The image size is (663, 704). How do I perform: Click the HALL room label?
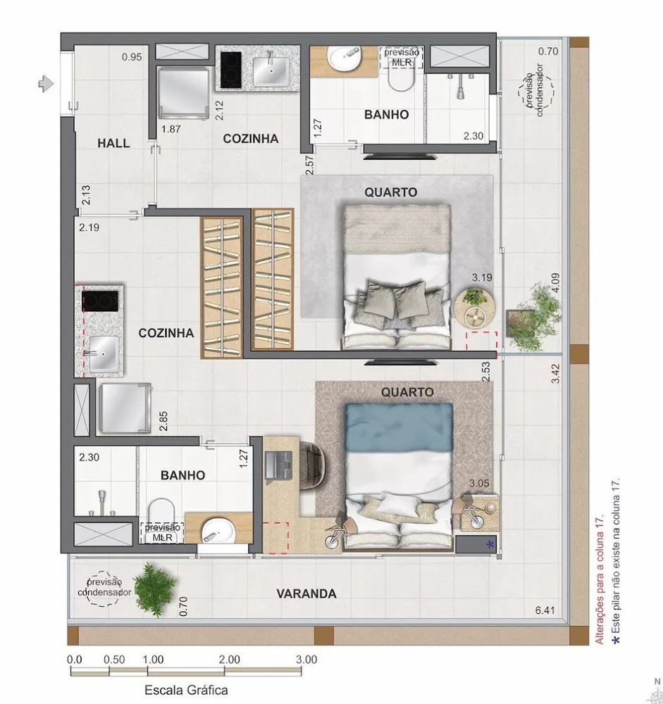(x=113, y=143)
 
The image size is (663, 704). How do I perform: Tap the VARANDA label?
(x=306, y=593)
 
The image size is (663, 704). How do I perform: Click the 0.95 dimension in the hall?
(x=132, y=57)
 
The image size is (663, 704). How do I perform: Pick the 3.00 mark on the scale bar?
(x=306, y=660)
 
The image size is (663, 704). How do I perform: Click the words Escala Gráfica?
(x=186, y=691)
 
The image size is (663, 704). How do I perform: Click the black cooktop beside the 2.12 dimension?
(x=230, y=68)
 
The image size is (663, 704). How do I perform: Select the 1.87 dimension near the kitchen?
(x=172, y=129)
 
